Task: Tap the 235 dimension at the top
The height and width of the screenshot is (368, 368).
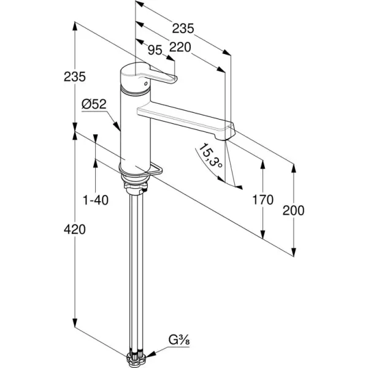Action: tap(182, 28)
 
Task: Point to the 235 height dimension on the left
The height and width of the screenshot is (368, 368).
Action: tap(74, 77)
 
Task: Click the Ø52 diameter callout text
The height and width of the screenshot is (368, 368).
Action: tap(94, 105)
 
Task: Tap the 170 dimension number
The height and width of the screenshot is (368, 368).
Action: tap(263, 200)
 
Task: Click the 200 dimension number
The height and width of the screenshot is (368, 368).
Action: tap(293, 210)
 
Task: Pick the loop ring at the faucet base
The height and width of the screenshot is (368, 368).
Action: tap(155, 171)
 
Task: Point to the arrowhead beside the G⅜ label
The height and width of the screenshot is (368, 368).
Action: tap(154, 352)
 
